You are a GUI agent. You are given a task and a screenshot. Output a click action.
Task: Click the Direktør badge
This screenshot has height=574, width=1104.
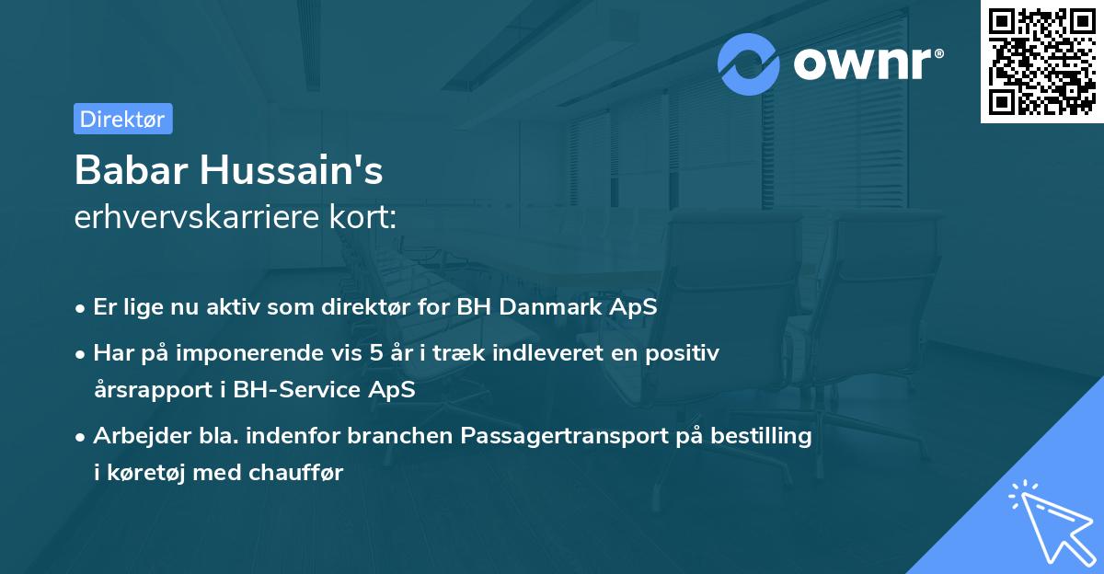(123, 119)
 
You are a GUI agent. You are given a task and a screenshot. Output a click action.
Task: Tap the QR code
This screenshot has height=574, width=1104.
(1042, 62)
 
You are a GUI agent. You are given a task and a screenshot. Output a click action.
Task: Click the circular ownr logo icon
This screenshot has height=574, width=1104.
(749, 63)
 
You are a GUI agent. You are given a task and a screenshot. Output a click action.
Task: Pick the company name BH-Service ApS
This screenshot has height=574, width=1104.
(324, 389)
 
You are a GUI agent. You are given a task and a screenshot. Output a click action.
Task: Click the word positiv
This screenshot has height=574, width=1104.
(686, 352)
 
